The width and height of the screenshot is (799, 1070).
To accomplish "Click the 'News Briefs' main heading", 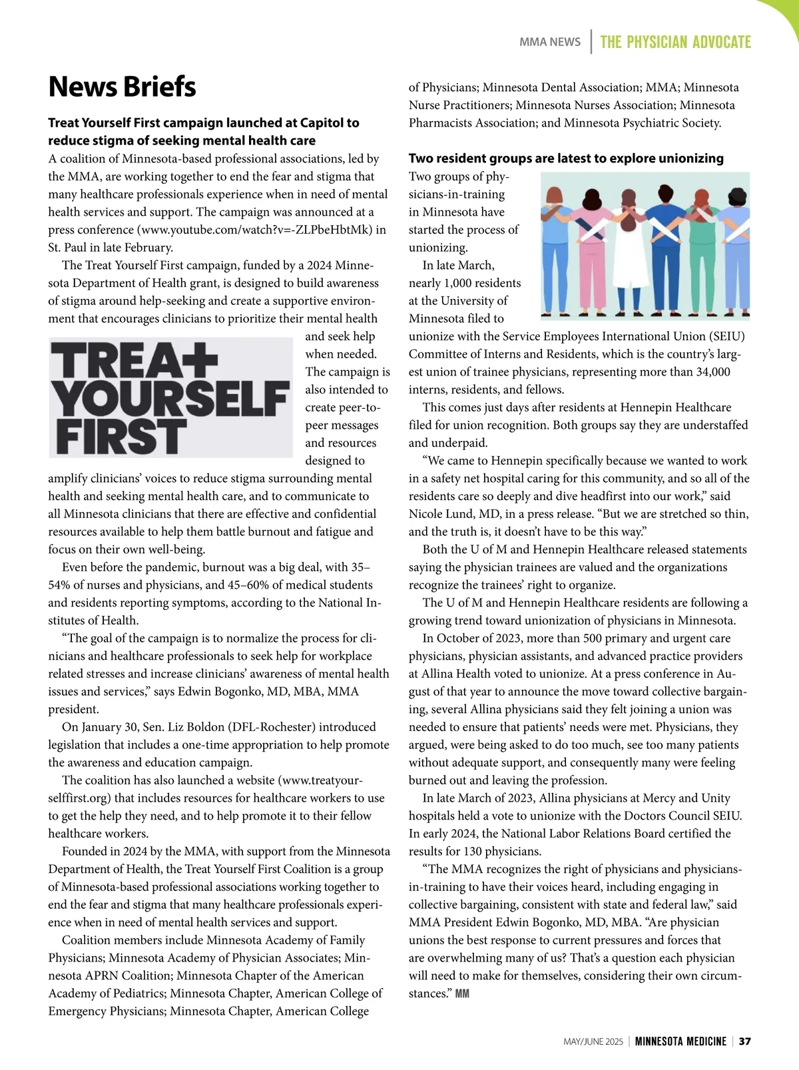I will tap(122, 87).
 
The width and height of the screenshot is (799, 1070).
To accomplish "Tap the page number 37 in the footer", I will tap(745, 1041).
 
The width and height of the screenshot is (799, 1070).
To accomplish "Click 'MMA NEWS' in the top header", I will tap(549, 42).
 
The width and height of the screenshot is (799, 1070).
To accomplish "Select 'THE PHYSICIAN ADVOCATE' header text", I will tap(675, 43).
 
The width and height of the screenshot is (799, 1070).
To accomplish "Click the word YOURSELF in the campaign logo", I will tap(170, 399).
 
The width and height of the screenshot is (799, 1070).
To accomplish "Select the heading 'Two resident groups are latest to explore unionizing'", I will tap(566, 158).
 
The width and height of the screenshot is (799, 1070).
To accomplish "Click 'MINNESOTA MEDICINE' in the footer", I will tap(680, 1041).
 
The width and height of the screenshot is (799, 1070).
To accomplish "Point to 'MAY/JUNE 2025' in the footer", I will tap(593, 1041).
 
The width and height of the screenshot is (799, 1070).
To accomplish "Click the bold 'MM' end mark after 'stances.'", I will tap(462, 994).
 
